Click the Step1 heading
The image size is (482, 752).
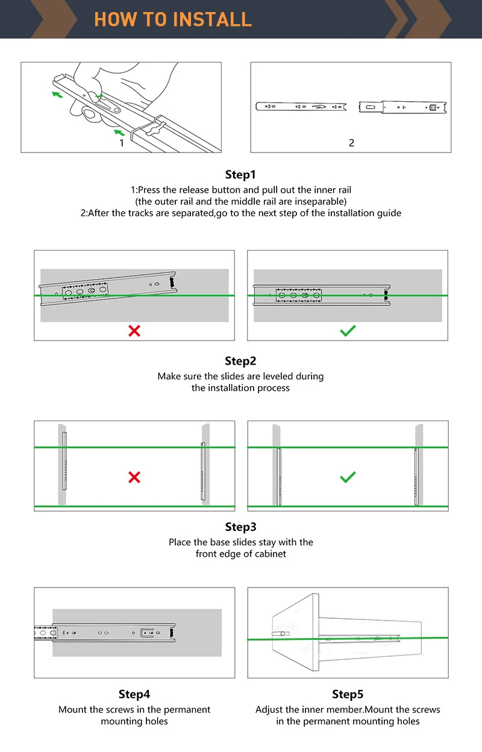pos(240,175)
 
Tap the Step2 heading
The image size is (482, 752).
pos(240,361)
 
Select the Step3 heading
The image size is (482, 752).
pos(240,527)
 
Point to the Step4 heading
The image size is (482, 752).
pos(134,694)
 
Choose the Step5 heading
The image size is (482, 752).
pos(348,694)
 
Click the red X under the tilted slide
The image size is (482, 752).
pos(134,330)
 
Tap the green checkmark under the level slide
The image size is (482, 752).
pos(348,330)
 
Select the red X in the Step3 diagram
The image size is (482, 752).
pos(134,477)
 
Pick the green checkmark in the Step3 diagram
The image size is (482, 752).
pos(348,477)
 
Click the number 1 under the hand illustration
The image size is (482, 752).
pos(122,143)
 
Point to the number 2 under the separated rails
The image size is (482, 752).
pos(351,143)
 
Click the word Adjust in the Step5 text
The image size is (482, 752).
pos(269,710)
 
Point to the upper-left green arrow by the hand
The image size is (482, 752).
pos(57,94)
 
